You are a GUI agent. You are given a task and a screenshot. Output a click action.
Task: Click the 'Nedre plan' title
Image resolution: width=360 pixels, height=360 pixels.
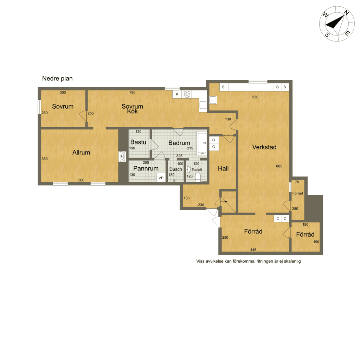57,78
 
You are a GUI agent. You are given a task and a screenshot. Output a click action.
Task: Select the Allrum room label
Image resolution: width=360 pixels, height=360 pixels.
81,153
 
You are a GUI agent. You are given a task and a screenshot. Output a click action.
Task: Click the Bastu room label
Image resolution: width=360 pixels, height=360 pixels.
138,142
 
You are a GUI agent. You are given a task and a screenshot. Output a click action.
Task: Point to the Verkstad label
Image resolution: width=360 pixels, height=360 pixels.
264,147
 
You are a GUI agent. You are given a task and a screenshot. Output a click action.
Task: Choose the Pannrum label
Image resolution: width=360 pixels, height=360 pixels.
146,168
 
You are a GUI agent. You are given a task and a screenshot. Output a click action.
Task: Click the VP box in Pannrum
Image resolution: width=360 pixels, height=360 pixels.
161,178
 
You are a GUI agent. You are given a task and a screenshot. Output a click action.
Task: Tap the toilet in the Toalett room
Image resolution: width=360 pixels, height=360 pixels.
198,178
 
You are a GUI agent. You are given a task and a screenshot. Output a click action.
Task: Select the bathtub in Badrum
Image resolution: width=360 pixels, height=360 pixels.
202,143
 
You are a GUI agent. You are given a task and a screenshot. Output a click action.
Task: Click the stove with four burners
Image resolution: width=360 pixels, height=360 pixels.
187,94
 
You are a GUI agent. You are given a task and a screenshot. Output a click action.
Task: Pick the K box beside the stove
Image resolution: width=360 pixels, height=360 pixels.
177,94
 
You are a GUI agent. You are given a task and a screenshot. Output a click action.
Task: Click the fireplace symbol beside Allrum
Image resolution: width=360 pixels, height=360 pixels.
122,156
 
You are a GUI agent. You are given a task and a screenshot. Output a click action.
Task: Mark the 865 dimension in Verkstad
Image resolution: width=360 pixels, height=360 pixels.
279,166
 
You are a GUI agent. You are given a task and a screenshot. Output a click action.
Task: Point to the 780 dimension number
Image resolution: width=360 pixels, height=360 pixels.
132,92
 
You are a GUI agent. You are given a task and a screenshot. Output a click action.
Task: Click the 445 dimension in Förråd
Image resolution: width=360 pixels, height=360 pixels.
253,250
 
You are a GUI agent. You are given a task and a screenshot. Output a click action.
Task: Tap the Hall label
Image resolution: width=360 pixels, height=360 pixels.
223,168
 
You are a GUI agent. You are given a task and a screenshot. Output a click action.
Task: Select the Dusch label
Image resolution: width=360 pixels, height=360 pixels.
176,169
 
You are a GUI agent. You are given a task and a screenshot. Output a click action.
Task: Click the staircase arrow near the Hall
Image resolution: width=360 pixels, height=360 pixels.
224,201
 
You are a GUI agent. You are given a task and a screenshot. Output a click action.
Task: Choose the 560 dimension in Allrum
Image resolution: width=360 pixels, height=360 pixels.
81,180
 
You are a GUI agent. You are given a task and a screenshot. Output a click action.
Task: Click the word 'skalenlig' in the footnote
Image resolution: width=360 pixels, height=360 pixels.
292,261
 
